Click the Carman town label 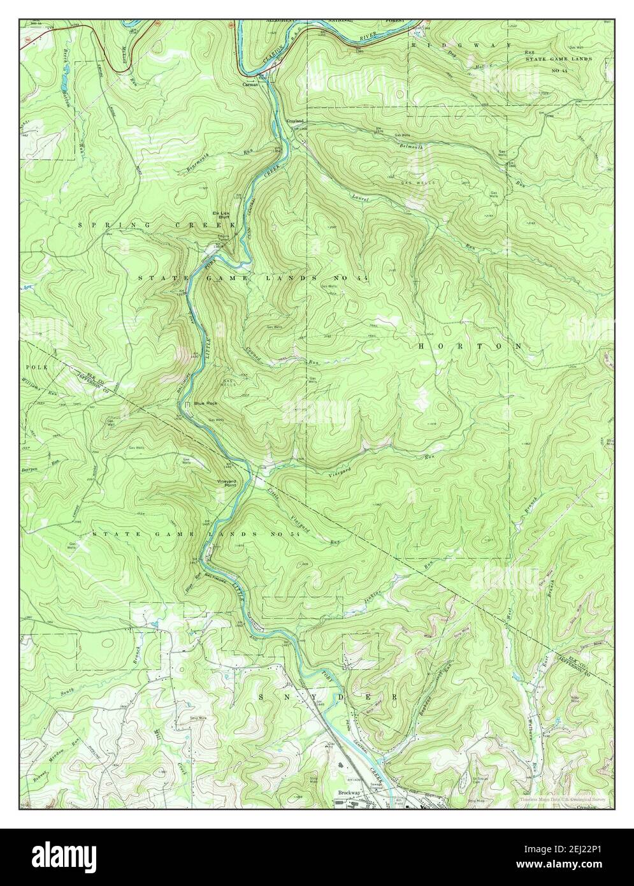(x=249, y=84)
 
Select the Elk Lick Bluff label (x=220, y=215)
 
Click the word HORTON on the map (x=470, y=345)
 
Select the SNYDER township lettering (x=331, y=697)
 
